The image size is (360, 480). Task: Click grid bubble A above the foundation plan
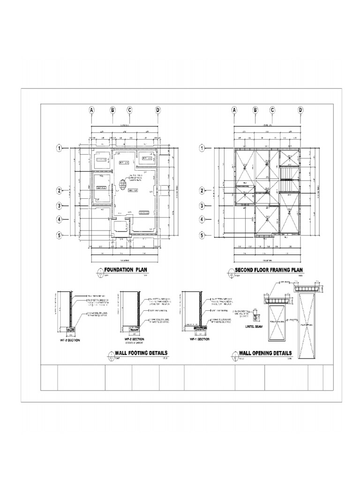pos(92,110)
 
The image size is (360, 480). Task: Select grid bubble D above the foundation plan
pos(158,110)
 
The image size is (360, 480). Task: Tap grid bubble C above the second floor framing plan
pos(272,110)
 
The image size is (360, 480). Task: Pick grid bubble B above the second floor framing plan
pos(255,110)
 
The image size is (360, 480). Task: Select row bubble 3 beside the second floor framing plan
pos(202,205)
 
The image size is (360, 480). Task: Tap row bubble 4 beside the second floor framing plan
pos(202,219)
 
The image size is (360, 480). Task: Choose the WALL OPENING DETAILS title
pos(265,353)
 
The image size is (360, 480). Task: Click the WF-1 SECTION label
pos(193,338)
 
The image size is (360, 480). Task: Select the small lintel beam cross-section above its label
pos(255,312)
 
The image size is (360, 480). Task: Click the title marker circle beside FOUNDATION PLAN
pos(99,270)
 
